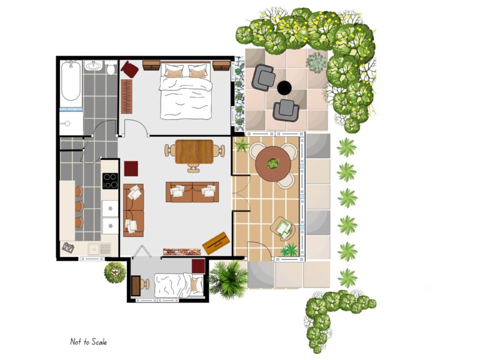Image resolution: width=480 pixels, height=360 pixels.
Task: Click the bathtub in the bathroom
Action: (71, 81)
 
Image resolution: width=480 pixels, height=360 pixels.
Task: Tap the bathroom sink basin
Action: (94, 66)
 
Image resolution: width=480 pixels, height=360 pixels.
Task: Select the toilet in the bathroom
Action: (111, 67)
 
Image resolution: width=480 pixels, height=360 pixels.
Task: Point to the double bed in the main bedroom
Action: (184, 92)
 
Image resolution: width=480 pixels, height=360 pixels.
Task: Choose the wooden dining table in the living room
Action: (194, 151)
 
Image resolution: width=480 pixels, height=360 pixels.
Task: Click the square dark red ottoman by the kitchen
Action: (131, 169)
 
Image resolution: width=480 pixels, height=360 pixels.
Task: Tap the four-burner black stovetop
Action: (110, 181)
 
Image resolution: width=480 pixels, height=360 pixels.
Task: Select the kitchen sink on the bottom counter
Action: (96, 249)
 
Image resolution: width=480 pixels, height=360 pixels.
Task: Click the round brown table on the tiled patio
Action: (272, 164)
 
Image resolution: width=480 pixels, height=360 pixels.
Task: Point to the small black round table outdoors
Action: (284, 88)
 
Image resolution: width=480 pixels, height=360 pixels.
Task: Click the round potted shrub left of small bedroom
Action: (115, 272)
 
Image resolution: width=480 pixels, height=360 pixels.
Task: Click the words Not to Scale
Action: (88, 342)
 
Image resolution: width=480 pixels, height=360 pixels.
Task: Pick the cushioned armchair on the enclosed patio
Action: (283, 228)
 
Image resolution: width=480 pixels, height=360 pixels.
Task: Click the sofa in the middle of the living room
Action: (192, 192)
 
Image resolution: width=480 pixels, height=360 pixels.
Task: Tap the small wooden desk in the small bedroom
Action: (137, 284)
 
